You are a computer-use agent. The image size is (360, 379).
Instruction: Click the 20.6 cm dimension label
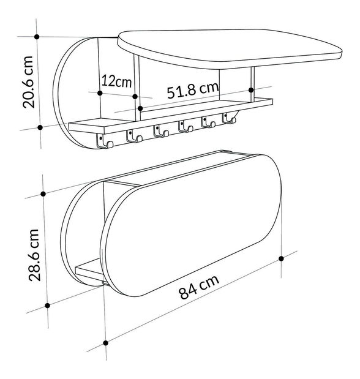[28, 82]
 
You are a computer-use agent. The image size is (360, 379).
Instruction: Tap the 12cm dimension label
[116, 81]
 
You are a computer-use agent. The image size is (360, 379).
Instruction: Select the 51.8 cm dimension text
[193, 90]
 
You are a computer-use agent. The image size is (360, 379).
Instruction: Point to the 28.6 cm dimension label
[34, 255]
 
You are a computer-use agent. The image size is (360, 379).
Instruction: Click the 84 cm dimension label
[199, 287]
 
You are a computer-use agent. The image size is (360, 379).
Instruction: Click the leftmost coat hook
[105, 141]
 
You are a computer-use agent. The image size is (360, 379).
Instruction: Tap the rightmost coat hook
[228, 118]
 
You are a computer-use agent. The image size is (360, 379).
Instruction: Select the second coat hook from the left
[133, 135]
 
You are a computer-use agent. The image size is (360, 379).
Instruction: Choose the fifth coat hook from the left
[208, 122]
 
